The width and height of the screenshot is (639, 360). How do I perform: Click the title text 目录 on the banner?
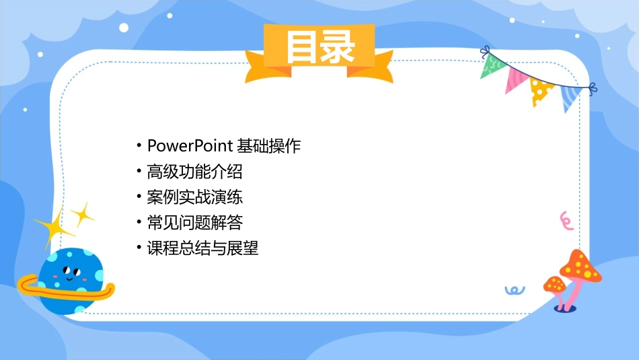click(319, 47)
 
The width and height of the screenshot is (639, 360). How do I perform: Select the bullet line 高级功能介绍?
click(194, 172)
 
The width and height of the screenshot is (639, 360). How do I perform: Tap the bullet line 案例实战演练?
click(194, 197)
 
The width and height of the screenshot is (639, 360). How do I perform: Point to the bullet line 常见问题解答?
click(194, 223)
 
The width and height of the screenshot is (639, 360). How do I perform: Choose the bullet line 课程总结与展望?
click(202, 248)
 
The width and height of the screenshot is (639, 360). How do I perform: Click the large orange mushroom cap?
click(580, 266)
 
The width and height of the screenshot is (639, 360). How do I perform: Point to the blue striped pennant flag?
click(570, 96)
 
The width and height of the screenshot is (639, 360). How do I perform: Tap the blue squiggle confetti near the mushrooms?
click(515, 290)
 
